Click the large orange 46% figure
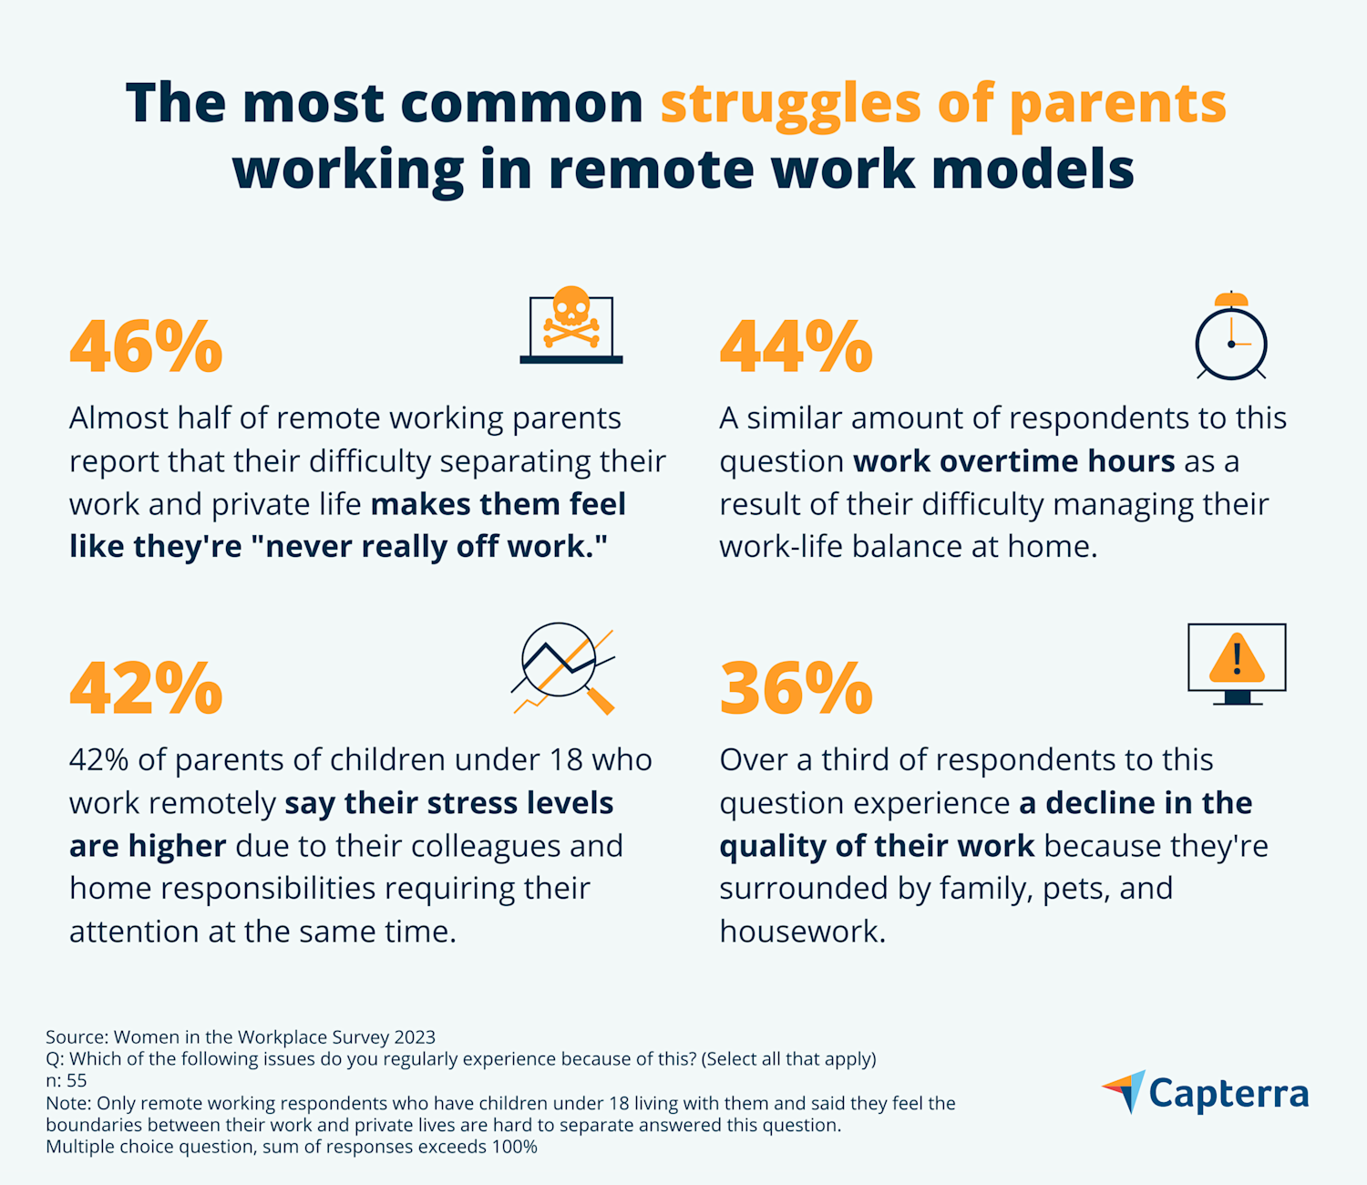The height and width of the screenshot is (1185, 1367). pos(146,346)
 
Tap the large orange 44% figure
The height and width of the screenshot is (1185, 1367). pos(796,346)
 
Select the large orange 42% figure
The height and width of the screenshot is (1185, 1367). pos(146,688)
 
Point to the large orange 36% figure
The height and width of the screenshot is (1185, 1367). pos(796,688)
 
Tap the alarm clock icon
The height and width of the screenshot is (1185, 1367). pos(1231,336)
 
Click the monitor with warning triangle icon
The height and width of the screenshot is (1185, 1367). pos(1237,664)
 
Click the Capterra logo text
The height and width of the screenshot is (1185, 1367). pos(1228,1093)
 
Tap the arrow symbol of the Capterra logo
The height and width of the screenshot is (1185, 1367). pos(1126,1090)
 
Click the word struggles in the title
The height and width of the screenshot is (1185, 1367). pos(790,104)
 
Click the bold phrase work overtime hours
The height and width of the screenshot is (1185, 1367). pos(1013,461)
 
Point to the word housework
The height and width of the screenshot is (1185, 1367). pos(802,932)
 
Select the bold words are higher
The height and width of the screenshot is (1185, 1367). pos(148,846)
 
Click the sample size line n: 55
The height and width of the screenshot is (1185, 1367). pos(67,1081)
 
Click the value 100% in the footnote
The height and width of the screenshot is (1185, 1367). pos(514,1147)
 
